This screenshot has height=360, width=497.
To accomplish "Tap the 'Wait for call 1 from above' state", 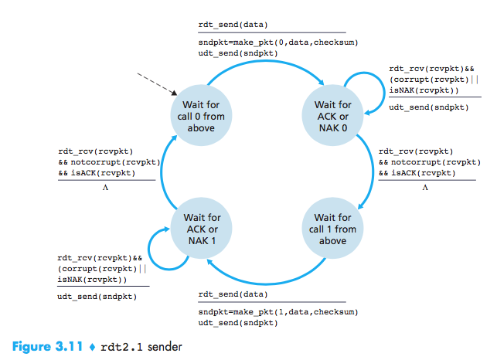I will point(335,223).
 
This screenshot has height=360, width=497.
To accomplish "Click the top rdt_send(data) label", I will point(232,25).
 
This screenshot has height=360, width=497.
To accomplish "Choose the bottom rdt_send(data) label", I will point(233,295).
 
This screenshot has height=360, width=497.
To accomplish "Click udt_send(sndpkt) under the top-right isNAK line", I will point(428,107).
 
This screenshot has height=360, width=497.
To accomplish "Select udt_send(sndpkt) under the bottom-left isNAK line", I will point(97,296).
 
